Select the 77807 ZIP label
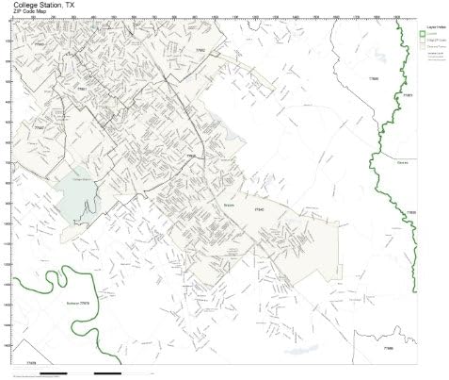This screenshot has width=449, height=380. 39,124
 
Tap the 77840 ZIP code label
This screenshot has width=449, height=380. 191,156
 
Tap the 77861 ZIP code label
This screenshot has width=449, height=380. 407,96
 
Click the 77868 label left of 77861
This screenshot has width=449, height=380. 375,78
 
